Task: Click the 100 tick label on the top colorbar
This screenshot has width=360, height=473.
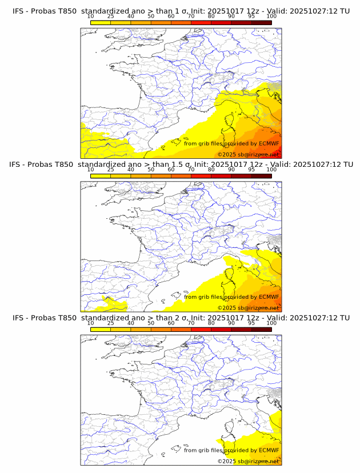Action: (271, 16)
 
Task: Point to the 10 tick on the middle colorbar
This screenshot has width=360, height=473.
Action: (90, 170)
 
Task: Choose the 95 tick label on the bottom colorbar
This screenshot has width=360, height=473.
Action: (251, 323)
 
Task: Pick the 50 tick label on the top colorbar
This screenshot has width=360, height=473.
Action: (151, 16)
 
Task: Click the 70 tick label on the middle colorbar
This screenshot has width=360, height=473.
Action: (191, 170)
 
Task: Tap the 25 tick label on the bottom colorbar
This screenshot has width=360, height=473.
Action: (110, 323)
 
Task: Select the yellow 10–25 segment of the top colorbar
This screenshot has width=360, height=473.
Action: (101, 22)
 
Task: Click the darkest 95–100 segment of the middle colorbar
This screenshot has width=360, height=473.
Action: (262, 176)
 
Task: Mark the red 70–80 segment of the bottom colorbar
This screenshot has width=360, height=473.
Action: (201, 330)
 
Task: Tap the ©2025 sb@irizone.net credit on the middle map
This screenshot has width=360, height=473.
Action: (249, 307)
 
